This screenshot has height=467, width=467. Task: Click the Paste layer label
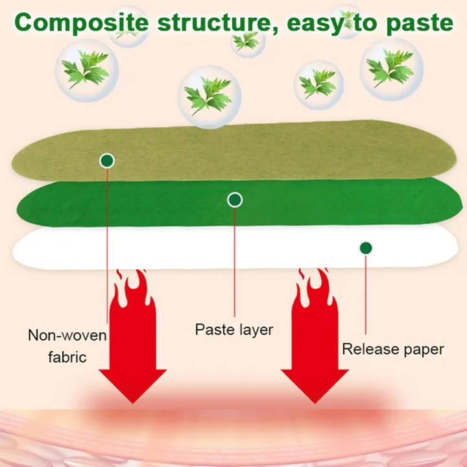pyautogui.click(x=234, y=329)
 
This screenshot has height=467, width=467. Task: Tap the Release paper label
pyautogui.click(x=393, y=349)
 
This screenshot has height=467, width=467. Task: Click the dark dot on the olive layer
pyautogui.click(x=107, y=160)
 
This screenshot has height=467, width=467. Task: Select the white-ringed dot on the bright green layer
pyautogui.click(x=235, y=200)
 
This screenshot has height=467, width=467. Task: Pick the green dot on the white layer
pyautogui.click(x=366, y=247)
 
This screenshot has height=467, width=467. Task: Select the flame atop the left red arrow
pyautogui.click(x=134, y=292)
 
